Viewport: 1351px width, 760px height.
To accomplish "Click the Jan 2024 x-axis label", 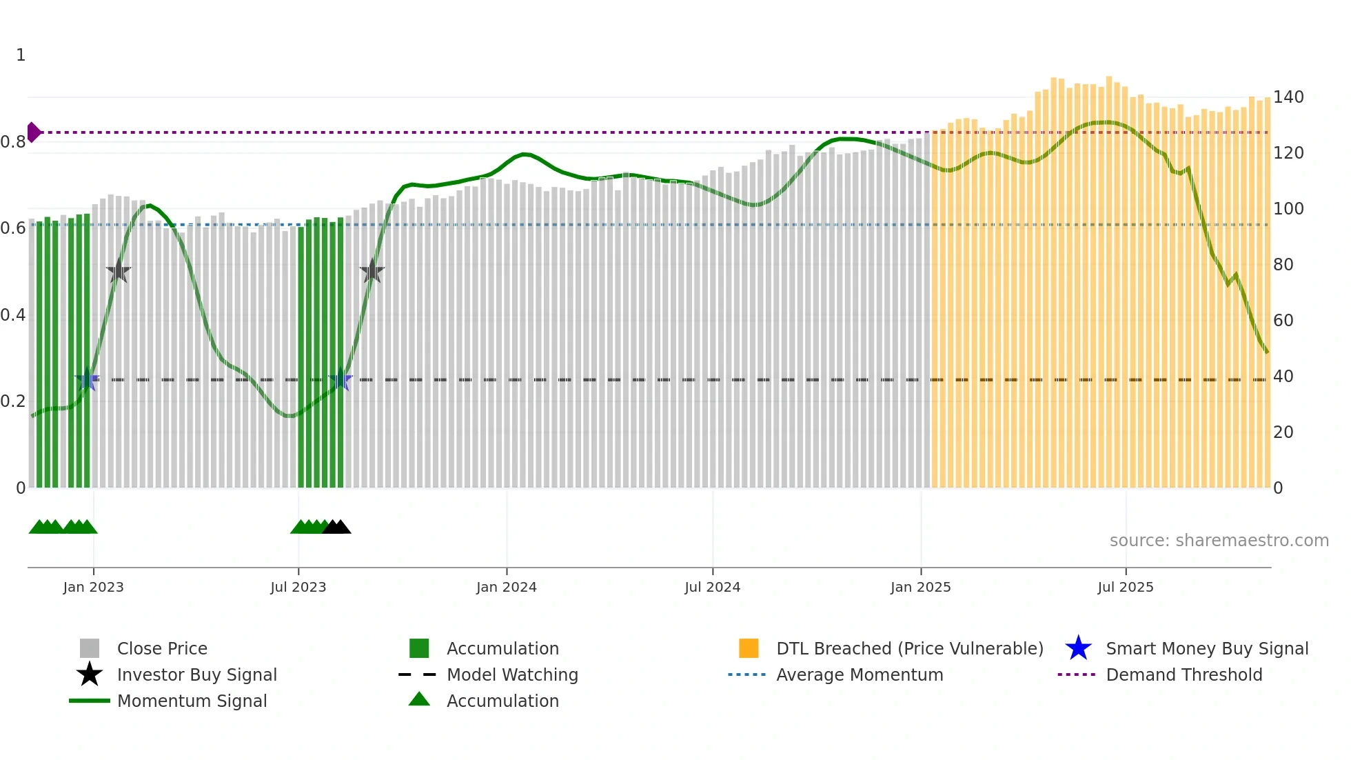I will pyautogui.click(x=506, y=588).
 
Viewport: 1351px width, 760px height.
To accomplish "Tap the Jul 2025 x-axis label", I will pyautogui.click(x=1125, y=588).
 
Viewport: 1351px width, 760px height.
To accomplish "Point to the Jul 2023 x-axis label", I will pyautogui.click(x=298, y=588).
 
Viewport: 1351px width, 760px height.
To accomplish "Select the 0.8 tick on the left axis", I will pyautogui.click(x=13, y=142).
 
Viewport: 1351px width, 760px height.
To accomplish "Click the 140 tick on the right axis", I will pyautogui.click(x=1288, y=97).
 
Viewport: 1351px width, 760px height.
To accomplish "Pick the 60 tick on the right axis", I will pyautogui.click(x=1283, y=321).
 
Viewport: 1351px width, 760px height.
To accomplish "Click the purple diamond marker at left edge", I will pyautogui.click(x=34, y=132).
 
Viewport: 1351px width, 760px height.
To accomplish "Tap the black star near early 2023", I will pyautogui.click(x=119, y=271).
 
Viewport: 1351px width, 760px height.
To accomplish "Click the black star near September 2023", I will pyautogui.click(x=372, y=271).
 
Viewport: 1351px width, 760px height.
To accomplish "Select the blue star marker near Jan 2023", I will pyautogui.click(x=87, y=380).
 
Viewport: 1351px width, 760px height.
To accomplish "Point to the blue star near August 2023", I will pyautogui.click(x=341, y=380).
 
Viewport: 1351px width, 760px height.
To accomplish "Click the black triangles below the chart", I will pyautogui.click(x=336, y=527).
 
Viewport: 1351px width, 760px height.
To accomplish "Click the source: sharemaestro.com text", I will pyautogui.click(x=1219, y=541).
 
